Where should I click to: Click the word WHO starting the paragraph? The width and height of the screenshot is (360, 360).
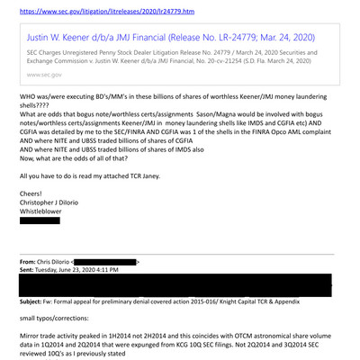[29, 120]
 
